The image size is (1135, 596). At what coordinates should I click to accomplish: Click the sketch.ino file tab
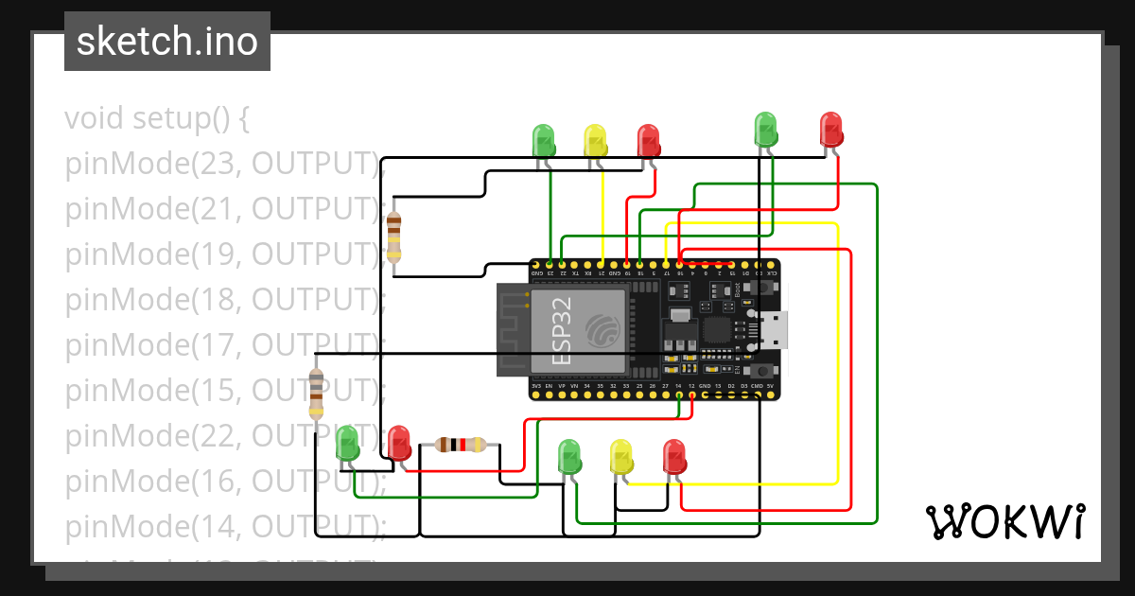[x=167, y=42]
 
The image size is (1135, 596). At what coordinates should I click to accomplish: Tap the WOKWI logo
[x=1004, y=521]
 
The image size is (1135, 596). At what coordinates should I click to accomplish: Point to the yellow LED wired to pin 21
[x=595, y=142]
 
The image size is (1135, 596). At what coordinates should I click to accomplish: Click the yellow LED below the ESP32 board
[x=620, y=457]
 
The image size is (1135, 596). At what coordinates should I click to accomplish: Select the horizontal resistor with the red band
[x=461, y=445]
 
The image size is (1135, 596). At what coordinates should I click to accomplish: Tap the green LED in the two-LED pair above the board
[x=764, y=131]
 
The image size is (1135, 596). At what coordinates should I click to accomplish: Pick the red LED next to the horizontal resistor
[x=398, y=443]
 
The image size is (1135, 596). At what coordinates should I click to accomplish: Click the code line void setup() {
[x=157, y=119]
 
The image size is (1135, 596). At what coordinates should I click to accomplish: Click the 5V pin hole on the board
[x=771, y=395]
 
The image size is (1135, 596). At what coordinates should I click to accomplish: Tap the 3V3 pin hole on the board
[x=536, y=395]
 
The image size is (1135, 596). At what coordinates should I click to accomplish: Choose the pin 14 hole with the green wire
[x=679, y=395]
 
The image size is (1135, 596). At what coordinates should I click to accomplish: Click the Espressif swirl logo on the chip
[x=603, y=329]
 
